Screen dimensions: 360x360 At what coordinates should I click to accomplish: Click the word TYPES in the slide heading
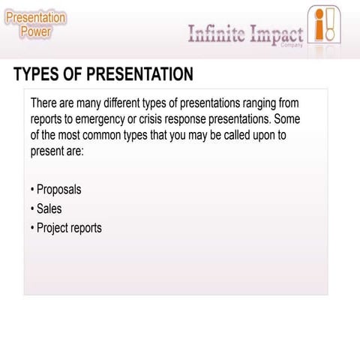pos(37,74)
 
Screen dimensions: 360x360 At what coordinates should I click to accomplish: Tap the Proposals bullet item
pos(58,189)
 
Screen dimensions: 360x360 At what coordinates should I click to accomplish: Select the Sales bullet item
pos(49,208)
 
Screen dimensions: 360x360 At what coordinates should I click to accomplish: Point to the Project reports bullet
pos(69,227)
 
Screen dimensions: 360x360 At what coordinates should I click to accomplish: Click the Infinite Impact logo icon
pos(322,25)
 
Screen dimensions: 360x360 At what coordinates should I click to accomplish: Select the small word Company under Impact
pos(290,45)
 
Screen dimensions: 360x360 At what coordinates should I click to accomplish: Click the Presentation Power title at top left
pos(35,24)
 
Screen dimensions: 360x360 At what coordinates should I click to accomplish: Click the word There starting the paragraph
pos(46,103)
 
